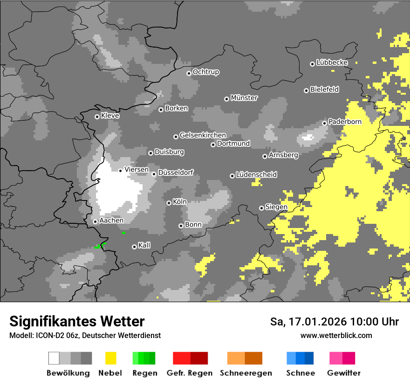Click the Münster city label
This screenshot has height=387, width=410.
(x=244, y=98)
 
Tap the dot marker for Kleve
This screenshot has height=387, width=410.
(x=97, y=117)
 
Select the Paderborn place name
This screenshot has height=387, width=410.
(x=345, y=122)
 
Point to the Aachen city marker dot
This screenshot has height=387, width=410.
(x=95, y=221)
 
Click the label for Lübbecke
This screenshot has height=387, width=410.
(x=332, y=62)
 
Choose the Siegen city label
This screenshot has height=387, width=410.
(x=276, y=207)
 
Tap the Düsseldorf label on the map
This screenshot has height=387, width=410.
(x=176, y=173)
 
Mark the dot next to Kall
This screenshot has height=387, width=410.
(x=134, y=247)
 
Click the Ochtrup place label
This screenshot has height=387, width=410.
(x=205, y=72)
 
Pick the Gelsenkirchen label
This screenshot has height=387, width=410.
(x=203, y=135)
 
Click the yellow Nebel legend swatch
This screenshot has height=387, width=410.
(x=110, y=358)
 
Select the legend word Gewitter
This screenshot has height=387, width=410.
(x=343, y=373)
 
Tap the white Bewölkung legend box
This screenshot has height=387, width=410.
(x=54, y=358)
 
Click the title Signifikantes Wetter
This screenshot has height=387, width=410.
(x=77, y=321)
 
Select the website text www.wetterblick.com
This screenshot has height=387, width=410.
(x=336, y=335)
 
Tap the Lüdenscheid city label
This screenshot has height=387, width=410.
(x=256, y=174)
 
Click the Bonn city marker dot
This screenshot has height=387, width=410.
(x=181, y=226)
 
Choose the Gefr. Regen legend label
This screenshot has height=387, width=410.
(x=189, y=373)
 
